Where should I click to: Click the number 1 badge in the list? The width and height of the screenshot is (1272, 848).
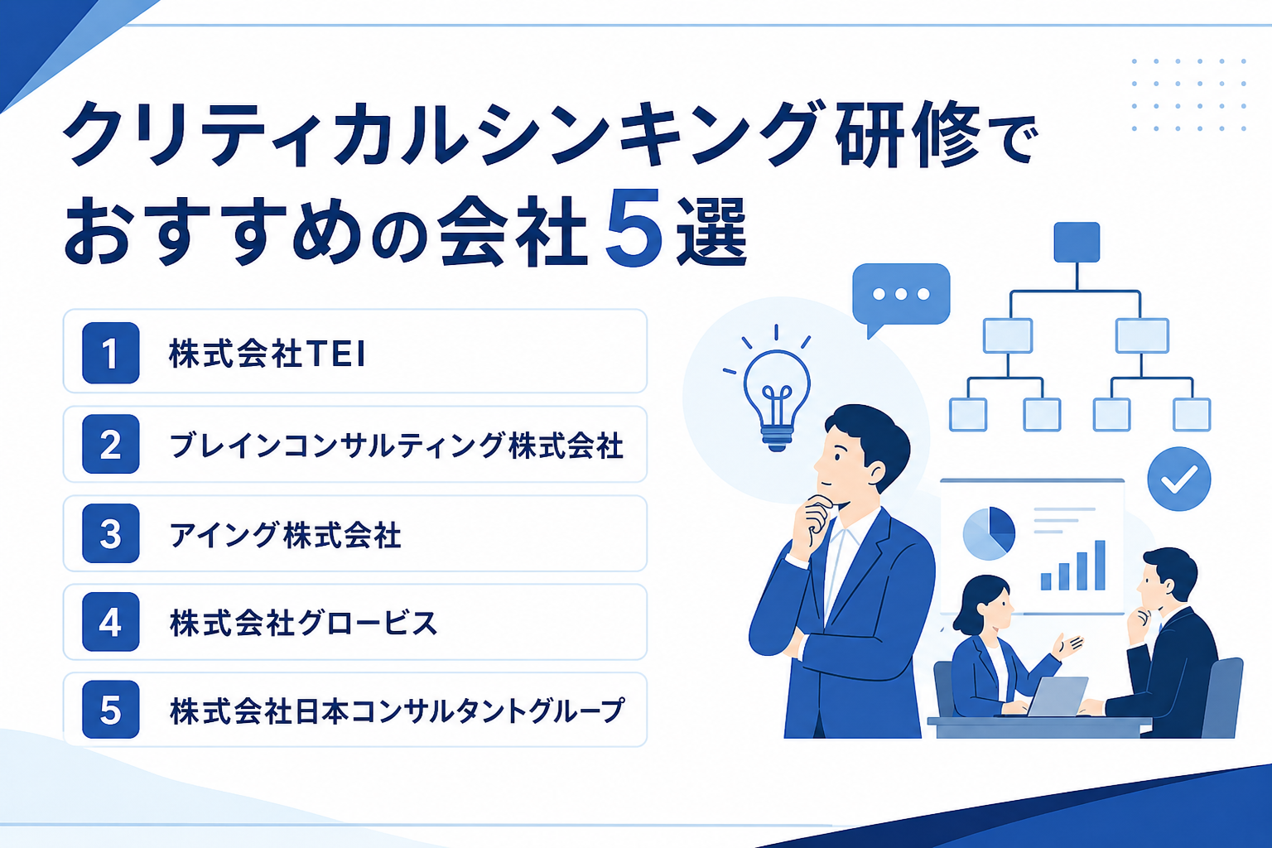111,353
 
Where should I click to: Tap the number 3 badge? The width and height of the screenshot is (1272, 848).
111,533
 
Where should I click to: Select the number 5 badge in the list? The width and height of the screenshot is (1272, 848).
111,710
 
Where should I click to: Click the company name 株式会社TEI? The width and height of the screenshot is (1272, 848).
267,354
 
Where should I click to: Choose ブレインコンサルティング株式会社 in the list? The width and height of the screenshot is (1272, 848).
397,446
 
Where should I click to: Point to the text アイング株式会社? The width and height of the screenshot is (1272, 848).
286,535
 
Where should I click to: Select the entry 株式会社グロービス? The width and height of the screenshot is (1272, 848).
303,623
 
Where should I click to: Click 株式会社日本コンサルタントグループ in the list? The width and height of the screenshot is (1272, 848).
397,711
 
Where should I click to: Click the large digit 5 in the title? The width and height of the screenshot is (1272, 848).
634,229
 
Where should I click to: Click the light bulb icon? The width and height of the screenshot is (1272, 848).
777,401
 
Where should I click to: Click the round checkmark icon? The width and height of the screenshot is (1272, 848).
1179,479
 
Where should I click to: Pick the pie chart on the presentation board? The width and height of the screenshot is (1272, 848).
989,533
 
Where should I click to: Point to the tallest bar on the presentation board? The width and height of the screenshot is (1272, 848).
1100,565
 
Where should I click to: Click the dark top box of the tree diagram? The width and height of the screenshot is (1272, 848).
1077,243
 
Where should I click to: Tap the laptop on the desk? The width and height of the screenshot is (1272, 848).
1058,697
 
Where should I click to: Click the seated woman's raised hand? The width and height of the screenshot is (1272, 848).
1067,647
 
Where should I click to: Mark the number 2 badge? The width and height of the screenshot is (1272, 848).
111,444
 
